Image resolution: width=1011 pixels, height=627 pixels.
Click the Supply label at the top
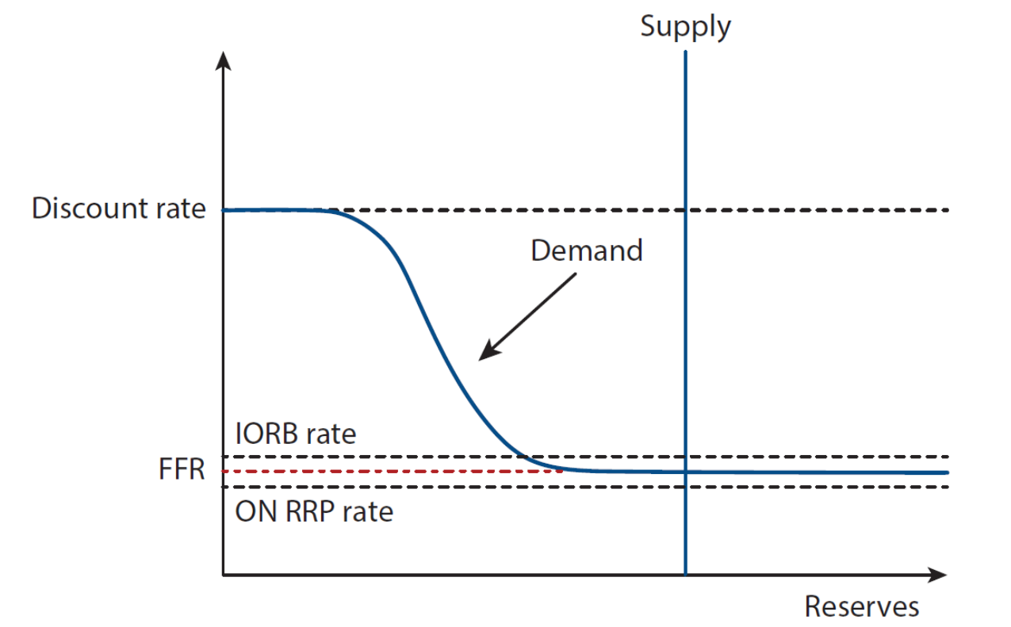685,27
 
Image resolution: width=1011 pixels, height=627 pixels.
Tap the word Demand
586,250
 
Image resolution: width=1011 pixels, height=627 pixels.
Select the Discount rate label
118,209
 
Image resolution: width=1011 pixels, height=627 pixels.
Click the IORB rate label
295,434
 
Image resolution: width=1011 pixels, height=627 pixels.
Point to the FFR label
181,470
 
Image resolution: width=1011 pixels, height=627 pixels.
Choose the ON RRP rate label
314,511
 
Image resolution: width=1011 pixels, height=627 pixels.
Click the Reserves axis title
861,606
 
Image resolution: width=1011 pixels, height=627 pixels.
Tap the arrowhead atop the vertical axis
224,59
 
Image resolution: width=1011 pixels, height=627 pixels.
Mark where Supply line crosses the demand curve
685,472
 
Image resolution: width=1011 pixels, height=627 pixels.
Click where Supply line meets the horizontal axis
685,574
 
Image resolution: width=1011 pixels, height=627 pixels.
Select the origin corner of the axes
224,574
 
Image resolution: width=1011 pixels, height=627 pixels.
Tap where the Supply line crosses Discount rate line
685,210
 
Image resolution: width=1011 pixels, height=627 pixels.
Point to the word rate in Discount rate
178,209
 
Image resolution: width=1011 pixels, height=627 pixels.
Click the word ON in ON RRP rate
252,511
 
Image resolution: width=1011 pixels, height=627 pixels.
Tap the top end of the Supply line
685,52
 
